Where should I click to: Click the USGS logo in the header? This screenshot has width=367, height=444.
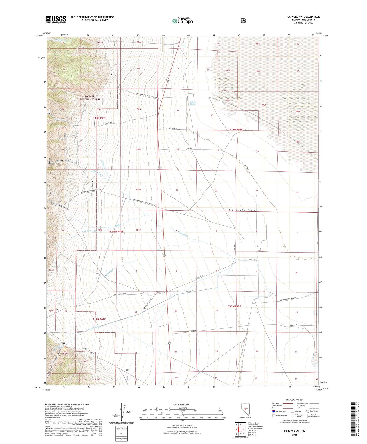tap(56, 20)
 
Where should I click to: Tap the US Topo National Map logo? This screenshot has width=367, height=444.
tap(182, 21)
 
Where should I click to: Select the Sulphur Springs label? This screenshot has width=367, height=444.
tap(193, 103)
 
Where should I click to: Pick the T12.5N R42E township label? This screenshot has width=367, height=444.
tap(116, 232)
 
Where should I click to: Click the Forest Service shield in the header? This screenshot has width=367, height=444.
tap(243, 20)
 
